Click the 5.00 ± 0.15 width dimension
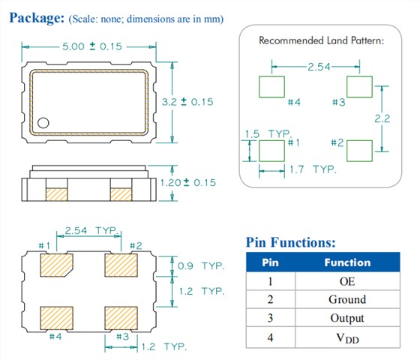click(92, 46)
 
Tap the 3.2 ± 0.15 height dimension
click(187, 102)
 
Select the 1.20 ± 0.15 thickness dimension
click(187, 183)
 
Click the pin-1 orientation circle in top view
click(43, 123)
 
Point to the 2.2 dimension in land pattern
click(382, 118)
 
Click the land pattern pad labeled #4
click(271, 87)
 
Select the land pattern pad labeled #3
click(359, 87)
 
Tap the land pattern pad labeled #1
click(271, 151)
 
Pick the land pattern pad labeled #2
click(359, 151)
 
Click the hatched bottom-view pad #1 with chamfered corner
click(56, 265)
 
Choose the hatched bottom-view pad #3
click(121, 318)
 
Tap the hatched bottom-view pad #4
click(56, 318)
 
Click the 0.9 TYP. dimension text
click(201, 266)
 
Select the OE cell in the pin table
click(347, 281)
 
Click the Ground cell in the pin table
click(347, 299)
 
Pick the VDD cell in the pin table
click(347, 338)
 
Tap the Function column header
click(347, 262)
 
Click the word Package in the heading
click(37, 18)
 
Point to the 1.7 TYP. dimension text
click(313, 169)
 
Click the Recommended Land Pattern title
click(321, 40)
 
